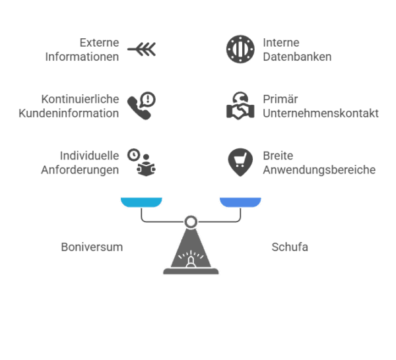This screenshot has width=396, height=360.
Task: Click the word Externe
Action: (x=99, y=43)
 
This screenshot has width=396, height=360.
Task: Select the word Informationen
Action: (x=82, y=57)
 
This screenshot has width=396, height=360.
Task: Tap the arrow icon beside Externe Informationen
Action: (x=141, y=49)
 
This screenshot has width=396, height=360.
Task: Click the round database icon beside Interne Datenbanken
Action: (x=240, y=49)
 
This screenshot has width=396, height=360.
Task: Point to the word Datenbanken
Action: (x=297, y=57)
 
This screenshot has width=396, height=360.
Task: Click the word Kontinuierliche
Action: (x=80, y=99)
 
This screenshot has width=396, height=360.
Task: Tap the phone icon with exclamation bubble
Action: (x=141, y=105)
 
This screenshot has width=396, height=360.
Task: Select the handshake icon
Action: (x=240, y=105)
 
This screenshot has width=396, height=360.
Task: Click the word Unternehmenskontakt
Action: (x=321, y=113)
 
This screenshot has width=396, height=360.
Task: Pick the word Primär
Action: (x=280, y=99)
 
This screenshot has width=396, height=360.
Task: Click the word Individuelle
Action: (x=89, y=156)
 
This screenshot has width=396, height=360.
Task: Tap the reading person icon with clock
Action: (x=141, y=162)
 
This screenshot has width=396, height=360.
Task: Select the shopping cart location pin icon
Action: (x=240, y=162)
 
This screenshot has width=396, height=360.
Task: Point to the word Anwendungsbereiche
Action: (x=319, y=170)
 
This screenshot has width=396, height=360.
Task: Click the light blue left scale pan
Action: (x=141, y=202)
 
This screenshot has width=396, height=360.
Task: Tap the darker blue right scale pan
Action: (x=240, y=202)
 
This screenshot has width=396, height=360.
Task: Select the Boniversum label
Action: (x=92, y=247)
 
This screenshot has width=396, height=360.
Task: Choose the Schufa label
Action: (x=290, y=247)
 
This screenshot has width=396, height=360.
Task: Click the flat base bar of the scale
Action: (x=191, y=271)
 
